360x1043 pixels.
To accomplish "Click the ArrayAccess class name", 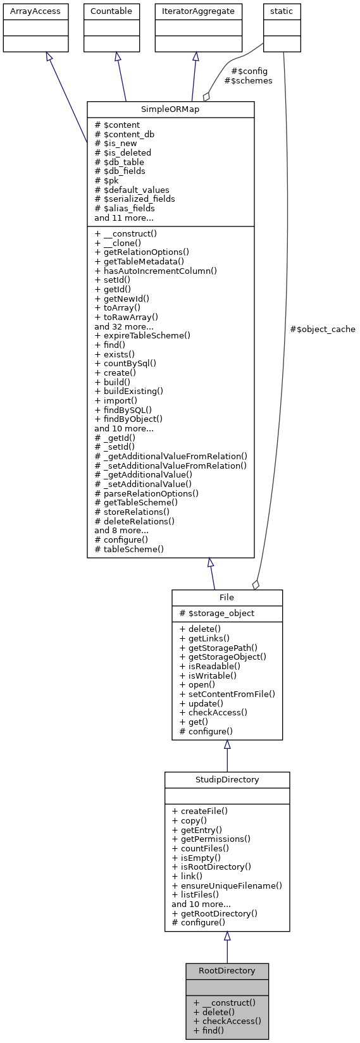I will coord(35,11).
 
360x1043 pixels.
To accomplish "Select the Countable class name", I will coord(111,11).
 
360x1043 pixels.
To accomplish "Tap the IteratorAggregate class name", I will coord(198,11).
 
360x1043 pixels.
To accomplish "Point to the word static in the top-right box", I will coord(282,11).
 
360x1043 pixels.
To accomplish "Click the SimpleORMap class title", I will coord(170,109).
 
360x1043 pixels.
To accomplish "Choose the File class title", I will coord(227,597).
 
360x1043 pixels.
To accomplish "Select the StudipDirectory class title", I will coord(227,779).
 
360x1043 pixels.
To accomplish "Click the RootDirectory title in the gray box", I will coord(227,970).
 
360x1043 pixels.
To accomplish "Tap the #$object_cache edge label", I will coord(322,329).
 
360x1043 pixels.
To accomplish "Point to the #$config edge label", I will coord(250,71).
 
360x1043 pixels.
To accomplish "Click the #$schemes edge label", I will coord(248,80).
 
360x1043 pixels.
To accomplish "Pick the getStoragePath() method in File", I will coord(218,647).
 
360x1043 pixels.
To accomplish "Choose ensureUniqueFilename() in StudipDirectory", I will coord(227,886).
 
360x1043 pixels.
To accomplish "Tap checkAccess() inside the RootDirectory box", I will coord(227,1020).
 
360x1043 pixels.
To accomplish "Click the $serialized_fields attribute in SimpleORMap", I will coord(135,199).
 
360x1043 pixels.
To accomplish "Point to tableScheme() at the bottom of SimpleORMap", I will coord(129,549).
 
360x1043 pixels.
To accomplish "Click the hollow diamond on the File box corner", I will coord(256,585).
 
